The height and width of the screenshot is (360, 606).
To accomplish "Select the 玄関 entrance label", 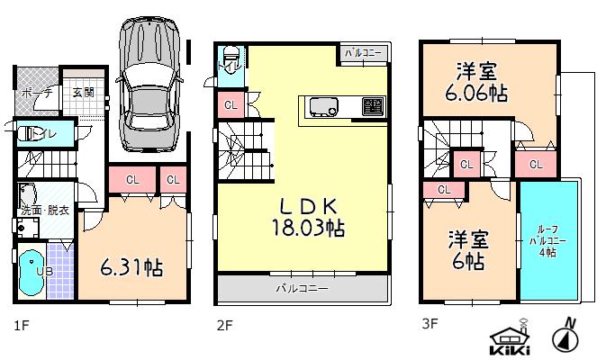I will coord(83,92).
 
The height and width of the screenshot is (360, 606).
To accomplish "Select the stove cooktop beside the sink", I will coord(372,107).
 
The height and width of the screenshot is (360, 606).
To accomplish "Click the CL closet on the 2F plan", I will coord(231,107).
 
